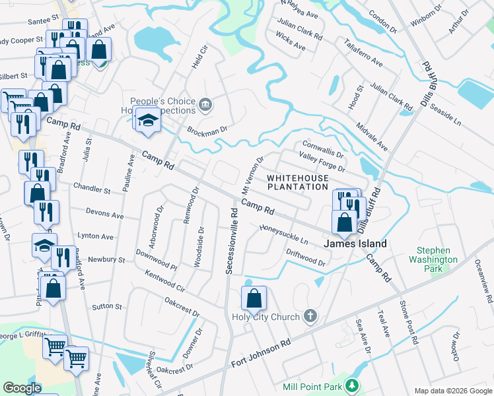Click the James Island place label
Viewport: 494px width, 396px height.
point(355,244)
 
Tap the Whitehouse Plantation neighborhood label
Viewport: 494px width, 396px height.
point(297,182)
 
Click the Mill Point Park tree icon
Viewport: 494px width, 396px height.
point(353,386)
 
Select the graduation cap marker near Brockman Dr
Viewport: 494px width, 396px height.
point(147,120)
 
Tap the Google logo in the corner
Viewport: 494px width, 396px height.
point(22,388)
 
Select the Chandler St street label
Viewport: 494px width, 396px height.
point(92,189)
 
